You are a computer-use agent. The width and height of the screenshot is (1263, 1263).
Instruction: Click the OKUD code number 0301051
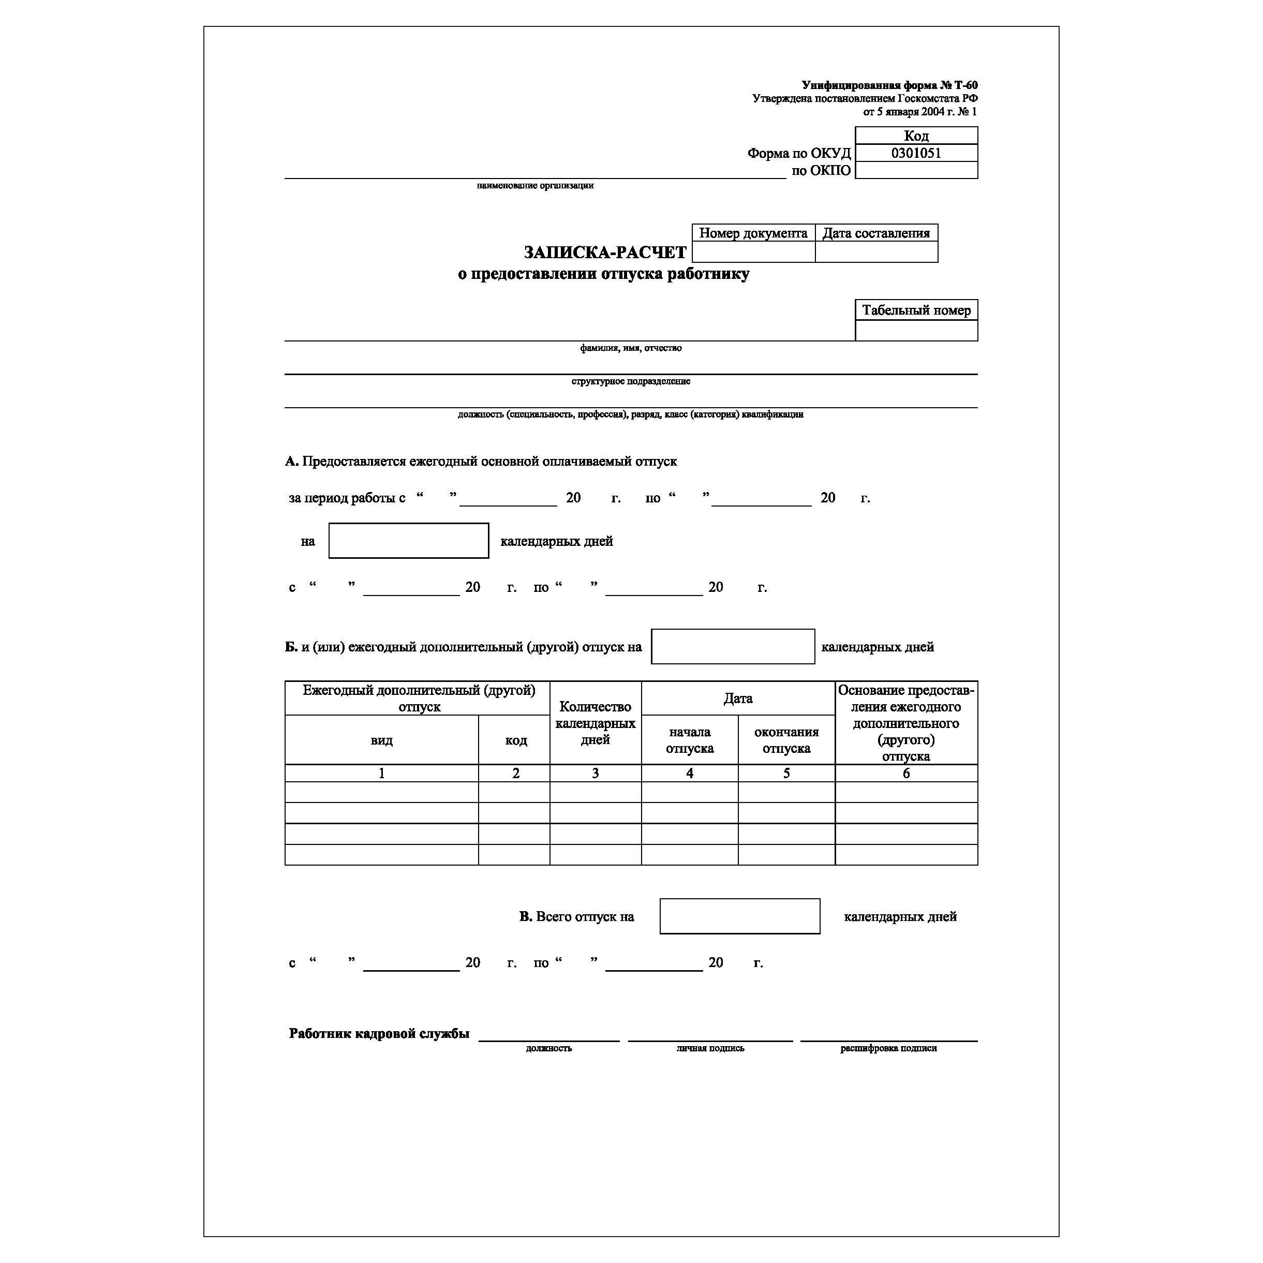pos(916,153)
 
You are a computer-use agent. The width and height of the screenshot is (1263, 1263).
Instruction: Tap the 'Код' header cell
pos(916,136)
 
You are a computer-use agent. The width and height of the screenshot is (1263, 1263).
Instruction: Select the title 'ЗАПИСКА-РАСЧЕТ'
pos(605,252)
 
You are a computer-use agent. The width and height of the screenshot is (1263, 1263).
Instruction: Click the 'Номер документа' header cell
pos(753,233)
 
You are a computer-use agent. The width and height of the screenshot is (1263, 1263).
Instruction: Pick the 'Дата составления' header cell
pos(876,233)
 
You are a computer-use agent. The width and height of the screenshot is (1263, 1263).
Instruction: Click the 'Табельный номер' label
pos(916,310)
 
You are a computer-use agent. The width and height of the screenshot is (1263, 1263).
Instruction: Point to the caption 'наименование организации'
pos(535,186)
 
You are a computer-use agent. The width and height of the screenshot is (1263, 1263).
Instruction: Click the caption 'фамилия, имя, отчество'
pos(630,348)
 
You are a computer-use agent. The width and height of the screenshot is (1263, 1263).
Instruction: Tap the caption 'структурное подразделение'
pos(630,381)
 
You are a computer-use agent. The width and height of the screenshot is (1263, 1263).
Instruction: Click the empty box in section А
pos(409,541)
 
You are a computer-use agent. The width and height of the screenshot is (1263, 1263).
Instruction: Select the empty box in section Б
pos(733,647)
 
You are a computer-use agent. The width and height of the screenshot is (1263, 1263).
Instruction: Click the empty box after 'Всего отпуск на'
pos(739,916)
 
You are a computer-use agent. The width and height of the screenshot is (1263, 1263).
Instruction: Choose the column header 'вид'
pos(382,740)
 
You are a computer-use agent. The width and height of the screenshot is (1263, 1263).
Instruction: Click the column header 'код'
pos(516,740)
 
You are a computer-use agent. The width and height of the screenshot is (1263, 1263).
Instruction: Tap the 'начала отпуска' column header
pos(690,740)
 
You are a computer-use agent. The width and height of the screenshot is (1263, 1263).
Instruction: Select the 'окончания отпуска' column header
pos(786,740)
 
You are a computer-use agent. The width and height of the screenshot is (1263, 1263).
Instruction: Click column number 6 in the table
pos(906,774)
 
